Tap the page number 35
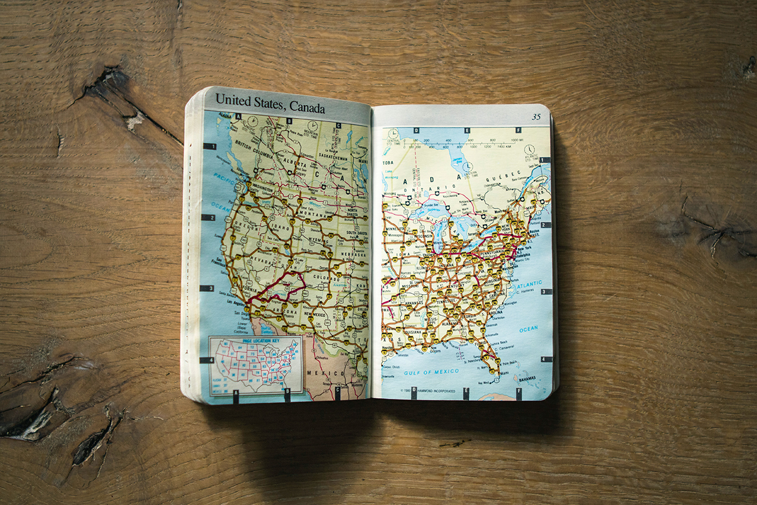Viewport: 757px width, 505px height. pyautogui.click(x=536, y=116)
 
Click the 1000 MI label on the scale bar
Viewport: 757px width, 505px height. pyautogui.click(x=517, y=140)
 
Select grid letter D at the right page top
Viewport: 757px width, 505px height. pyautogui.click(x=416, y=130)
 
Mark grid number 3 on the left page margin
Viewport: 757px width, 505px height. pyautogui.click(x=207, y=288)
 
